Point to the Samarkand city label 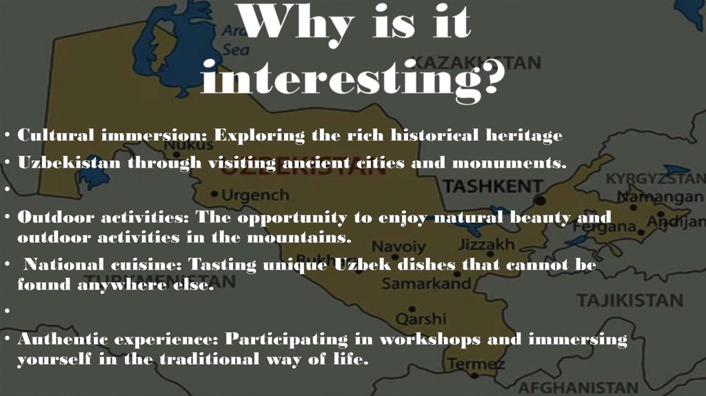(x=426, y=284)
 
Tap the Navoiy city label (x=399, y=246)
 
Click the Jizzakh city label (x=486, y=245)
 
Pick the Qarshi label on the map (x=420, y=319)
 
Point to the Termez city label (x=476, y=364)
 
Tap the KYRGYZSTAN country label (x=655, y=179)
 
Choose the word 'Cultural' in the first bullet (x=55, y=136)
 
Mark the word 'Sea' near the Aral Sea (x=235, y=50)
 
